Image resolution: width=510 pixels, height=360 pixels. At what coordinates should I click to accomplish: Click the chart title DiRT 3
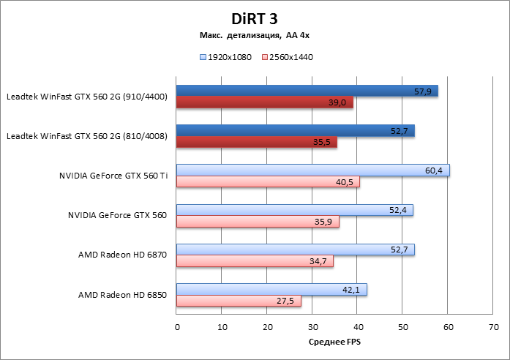[254, 17]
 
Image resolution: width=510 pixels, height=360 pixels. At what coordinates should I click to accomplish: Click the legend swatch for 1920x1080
[202, 56]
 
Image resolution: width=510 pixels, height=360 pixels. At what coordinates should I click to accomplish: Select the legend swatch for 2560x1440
[264, 56]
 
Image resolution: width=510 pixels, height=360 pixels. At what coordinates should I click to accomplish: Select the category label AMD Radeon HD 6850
[123, 295]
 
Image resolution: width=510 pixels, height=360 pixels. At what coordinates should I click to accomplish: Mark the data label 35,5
[322, 142]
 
